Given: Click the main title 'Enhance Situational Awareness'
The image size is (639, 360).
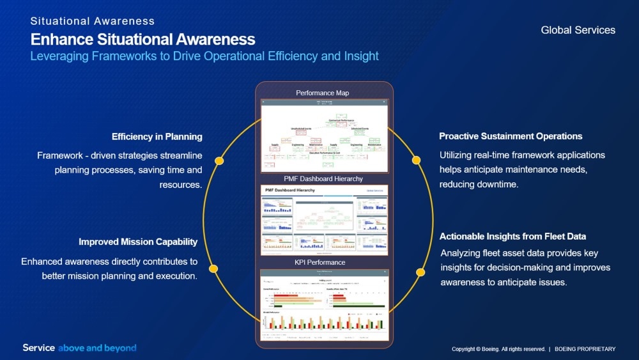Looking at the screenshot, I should (x=142, y=39).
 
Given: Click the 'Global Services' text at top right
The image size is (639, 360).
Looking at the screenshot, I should (x=578, y=30).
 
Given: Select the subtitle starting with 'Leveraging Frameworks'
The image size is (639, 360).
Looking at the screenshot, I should (x=204, y=56).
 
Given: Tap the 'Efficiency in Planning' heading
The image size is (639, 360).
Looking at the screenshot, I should (x=157, y=136).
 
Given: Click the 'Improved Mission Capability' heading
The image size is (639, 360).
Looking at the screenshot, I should (x=138, y=242).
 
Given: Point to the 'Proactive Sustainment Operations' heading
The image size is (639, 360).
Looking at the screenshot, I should (x=511, y=136).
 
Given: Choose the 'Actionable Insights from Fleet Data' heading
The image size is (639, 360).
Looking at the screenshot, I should (x=512, y=237).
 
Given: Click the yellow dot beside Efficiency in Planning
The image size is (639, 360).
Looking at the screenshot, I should (x=219, y=160).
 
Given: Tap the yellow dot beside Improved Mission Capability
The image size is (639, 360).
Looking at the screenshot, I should (x=213, y=269).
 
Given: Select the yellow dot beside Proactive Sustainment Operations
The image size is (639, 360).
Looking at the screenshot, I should (x=416, y=160).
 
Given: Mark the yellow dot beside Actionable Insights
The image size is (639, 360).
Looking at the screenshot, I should (x=420, y=272).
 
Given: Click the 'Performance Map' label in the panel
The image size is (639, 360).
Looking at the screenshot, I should (x=323, y=93).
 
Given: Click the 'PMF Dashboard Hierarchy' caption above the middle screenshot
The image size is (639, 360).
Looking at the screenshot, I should (x=323, y=179).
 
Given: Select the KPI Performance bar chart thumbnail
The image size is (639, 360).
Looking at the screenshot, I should (x=324, y=305).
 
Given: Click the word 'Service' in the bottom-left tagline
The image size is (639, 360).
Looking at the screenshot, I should (x=39, y=348).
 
